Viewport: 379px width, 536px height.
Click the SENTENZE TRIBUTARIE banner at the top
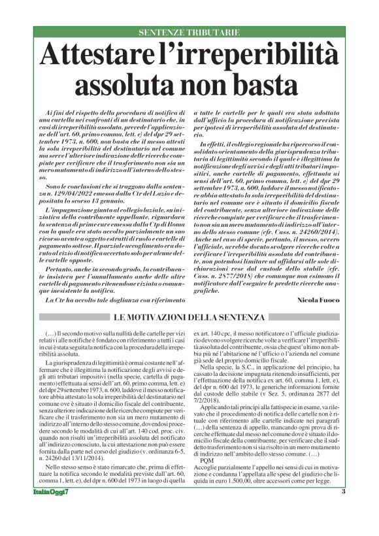click(189, 32)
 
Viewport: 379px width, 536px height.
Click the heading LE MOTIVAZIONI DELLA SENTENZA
click(189, 317)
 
